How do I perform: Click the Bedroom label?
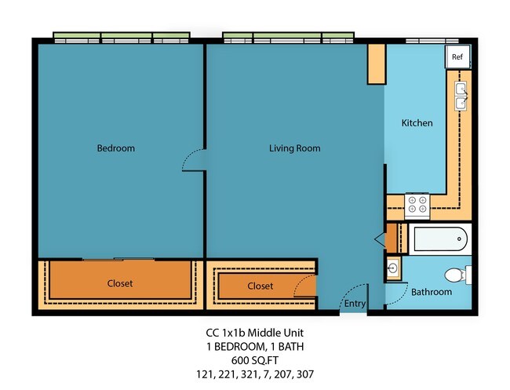[115, 148]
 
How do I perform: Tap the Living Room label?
[294, 148]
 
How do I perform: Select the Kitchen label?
[417, 123]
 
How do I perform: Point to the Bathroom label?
[432, 292]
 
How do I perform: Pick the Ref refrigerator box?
[457, 57]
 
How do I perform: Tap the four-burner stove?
[416, 206]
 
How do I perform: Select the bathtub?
[439, 238]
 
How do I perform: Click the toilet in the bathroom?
[457, 275]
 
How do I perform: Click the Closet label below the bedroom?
[120, 283]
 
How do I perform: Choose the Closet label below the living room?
[260, 286]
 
